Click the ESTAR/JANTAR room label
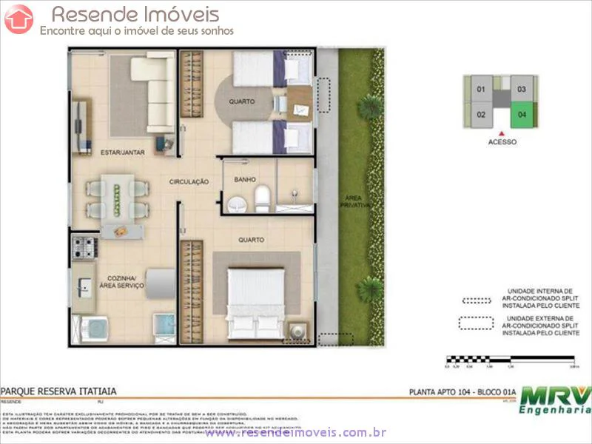pos(122,152)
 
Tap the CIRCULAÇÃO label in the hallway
pos(189,181)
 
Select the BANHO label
pos(245,179)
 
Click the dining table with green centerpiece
pos(116,195)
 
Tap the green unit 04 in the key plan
pos(522,114)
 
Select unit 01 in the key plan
pos(480,90)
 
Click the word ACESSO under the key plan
pos(502,142)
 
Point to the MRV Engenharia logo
pos(555,400)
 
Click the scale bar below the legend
pos(511,360)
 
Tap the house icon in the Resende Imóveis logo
pos(18,19)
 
